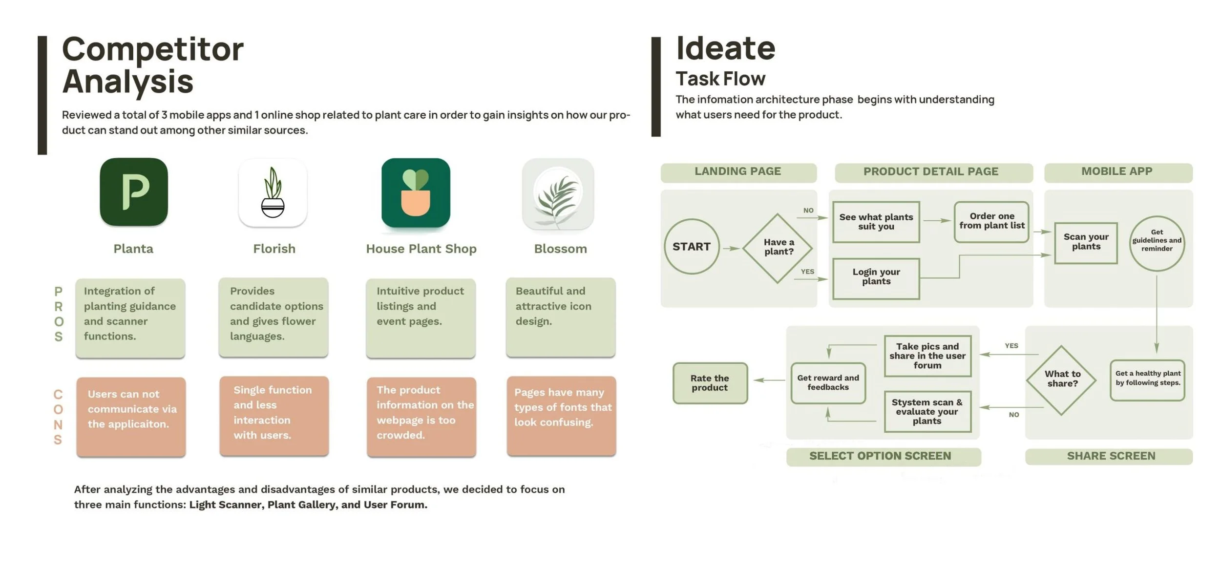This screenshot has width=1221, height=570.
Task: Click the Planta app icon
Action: pos(133,192)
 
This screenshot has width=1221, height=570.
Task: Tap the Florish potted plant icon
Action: pos(273,192)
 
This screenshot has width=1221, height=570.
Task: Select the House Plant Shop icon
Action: pos(416,192)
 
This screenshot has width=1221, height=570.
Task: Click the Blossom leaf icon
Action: pos(558,194)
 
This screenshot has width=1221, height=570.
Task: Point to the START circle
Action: pos(692,247)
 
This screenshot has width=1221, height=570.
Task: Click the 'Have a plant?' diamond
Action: pos(778,248)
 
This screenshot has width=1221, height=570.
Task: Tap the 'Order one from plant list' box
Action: pos(991,222)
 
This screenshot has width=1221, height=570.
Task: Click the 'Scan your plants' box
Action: pos(1086,243)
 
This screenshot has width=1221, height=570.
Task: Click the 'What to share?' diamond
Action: pos(1062,380)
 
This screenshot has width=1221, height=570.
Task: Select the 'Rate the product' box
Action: pos(710,383)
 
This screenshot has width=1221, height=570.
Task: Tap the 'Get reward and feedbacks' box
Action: pos(828,383)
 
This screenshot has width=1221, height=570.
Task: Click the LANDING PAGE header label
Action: pos(738,172)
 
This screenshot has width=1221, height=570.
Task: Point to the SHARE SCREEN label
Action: pos(1111,456)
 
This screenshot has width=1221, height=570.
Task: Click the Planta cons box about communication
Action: pos(131,416)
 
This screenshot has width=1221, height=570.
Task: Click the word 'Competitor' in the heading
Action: pos(153,50)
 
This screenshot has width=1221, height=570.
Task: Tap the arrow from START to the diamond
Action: pos(731,249)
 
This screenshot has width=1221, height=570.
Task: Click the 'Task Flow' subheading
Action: pos(720,79)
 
